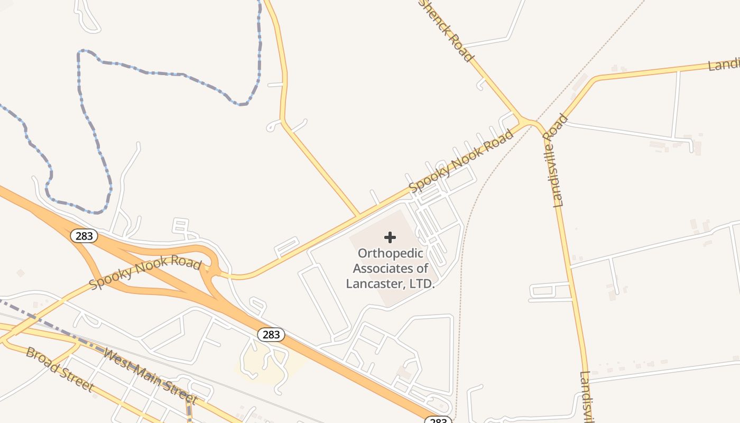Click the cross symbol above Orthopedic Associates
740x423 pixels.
click(390, 237)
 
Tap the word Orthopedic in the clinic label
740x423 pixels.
click(390, 253)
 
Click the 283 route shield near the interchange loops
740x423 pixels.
click(84, 236)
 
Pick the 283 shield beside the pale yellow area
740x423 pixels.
click(271, 334)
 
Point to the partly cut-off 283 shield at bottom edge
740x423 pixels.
click(438, 420)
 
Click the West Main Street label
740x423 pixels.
click(151, 375)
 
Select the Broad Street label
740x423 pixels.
click(59, 369)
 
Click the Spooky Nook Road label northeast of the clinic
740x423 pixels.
click(461, 161)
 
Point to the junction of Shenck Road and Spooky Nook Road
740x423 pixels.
click(524, 122)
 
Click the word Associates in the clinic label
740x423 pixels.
click(390, 268)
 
